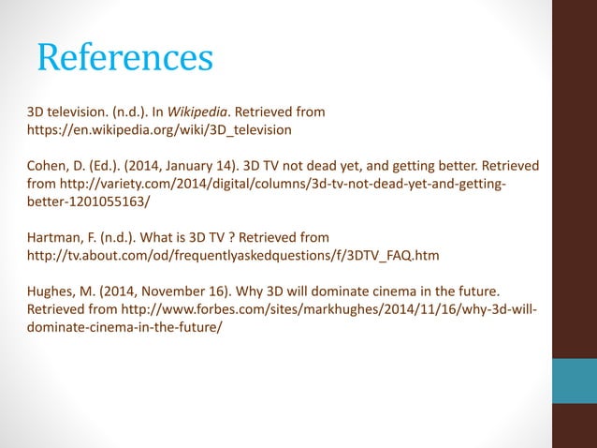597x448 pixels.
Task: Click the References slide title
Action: click(x=124, y=57)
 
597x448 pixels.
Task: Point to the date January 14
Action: click(x=184, y=166)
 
